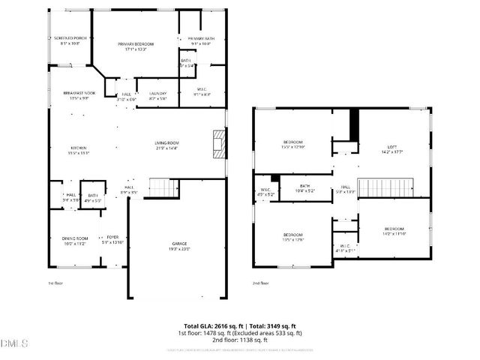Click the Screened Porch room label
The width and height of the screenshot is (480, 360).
(x=69, y=37)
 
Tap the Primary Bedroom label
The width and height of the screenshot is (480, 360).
(x=136, y=44)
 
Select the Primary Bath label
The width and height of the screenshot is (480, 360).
(x=200, y=38)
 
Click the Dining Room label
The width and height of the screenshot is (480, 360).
(x=75, y=238)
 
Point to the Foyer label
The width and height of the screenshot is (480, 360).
(x=112, y=238)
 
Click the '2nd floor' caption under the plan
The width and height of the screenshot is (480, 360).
(x=261, y=283)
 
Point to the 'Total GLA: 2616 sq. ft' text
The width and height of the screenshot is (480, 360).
(x=210, y=325)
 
